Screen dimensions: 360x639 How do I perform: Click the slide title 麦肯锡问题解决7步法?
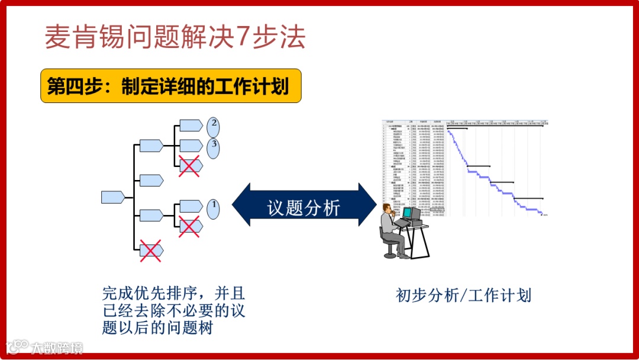pyautogui.click(x=175, y=37)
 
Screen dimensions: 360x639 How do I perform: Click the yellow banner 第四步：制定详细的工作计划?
pyautogui.click(x=170, y=86)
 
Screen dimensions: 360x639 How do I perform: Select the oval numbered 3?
pyautogui.click(x=214, y=146)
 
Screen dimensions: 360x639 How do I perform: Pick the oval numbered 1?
pyautogui.click(x=214, y=208)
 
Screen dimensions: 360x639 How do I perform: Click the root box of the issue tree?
pyautogui.click(x=113, y=197)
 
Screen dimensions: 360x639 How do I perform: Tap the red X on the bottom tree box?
pyautogui.click(x=150, y=250)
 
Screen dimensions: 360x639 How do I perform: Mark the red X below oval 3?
pyautogui.click(x=190, y=166)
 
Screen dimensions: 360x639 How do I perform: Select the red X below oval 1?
pyautogui.click(x=190, y=226)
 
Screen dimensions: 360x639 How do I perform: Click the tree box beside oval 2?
pyautogui.click(x=191, y=125)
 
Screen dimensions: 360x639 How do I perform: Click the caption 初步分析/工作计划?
pyautogui.click(x=463, y=295)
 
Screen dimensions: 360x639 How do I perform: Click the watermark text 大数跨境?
pyautogui.click(x=56, y=347)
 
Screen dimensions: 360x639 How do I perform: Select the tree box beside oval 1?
pyautogui.click(x=191, y=205)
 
